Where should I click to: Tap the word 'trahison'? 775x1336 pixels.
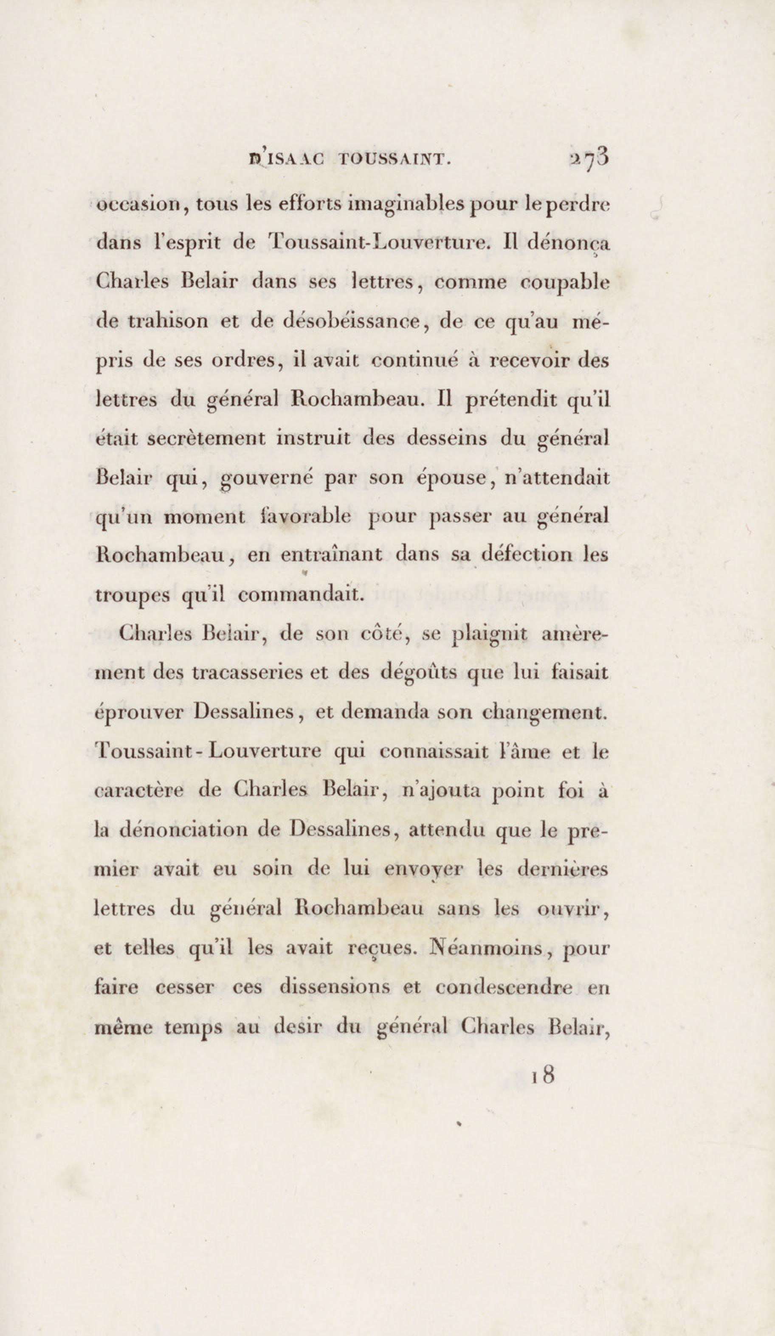168,322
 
